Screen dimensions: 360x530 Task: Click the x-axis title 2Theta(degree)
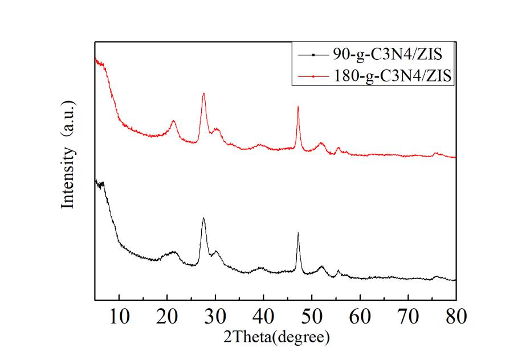coord(275,337)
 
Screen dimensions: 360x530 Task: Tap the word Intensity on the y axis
coord(68,177)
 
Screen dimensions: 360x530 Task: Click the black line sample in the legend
coord(311,55)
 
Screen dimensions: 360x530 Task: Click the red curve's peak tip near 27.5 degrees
coord(203,93)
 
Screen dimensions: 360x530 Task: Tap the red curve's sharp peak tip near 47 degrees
coord(298,107)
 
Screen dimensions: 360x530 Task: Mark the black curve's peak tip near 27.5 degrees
coord(203,218)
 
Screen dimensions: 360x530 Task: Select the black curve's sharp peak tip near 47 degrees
coord(298,232)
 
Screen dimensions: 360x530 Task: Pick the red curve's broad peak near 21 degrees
coord(173,121)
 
